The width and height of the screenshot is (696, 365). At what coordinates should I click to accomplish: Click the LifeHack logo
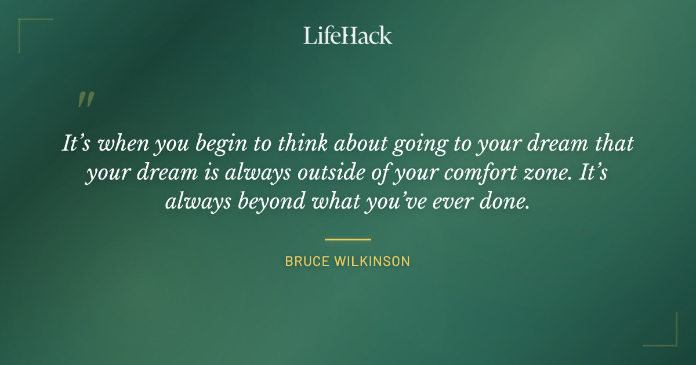tap(347, 35)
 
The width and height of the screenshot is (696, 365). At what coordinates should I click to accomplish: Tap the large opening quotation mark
tap(85, 100)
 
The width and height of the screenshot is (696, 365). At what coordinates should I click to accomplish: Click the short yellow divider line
tap(347, 239)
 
